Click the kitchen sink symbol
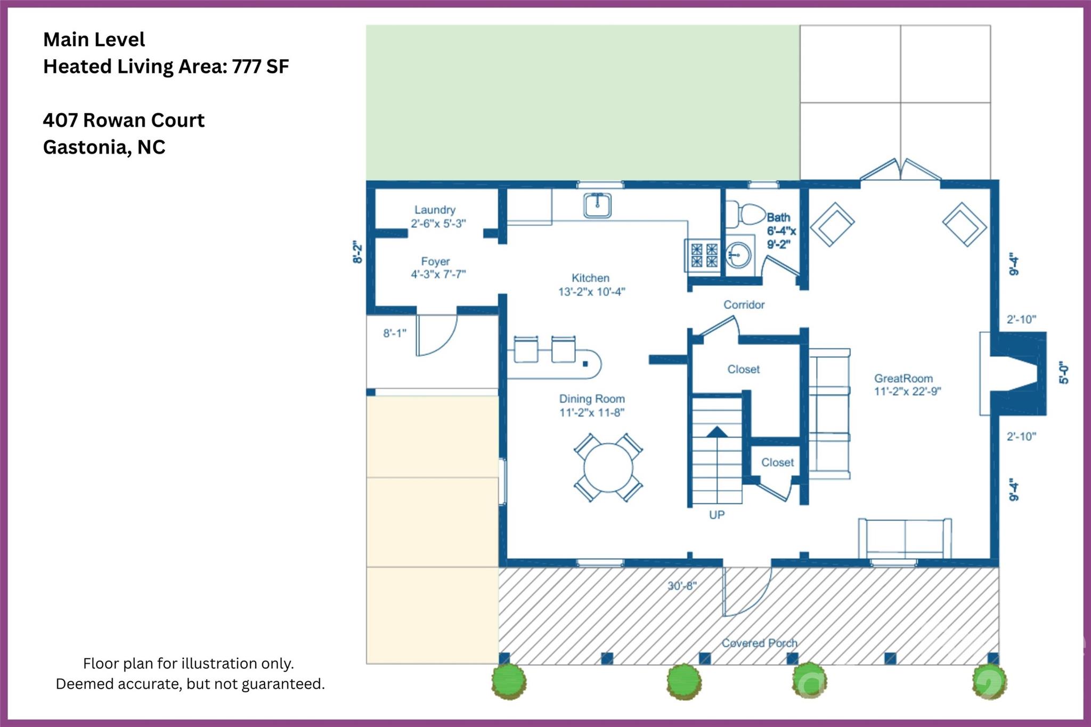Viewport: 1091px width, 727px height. (x=597, y=205)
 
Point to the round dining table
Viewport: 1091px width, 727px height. (x=608, y=468)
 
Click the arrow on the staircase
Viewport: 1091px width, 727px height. (x=717, y=431)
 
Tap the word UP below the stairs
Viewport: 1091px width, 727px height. (x=717, y=515)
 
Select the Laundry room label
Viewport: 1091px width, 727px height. (x=435, y=210)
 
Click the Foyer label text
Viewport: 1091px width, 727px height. (x=435, y=262)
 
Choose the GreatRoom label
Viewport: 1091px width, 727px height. (x=903, y=379)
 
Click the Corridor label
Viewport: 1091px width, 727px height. (x=744, y=305)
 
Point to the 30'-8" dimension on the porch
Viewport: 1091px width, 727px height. (x=682, y=586)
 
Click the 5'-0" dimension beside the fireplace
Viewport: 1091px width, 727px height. (x=1063, y=373)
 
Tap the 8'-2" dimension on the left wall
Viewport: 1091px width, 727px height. (x=357, y=252)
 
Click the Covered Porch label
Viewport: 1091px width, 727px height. (x=759, y=643)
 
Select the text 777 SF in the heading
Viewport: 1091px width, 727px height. (x=260, y=67)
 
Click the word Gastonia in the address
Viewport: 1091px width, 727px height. (x=85, y=147)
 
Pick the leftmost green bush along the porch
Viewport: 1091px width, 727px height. (x=508, y=681)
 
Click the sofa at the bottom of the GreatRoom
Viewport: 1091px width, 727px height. (x=905, y=538)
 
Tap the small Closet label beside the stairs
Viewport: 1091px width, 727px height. (x=777, y=462)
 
